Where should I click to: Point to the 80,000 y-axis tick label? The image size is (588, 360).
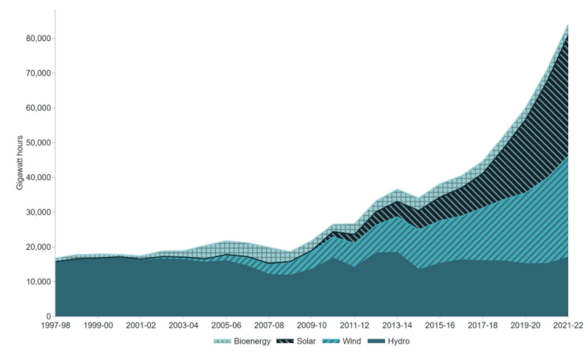point(37,38)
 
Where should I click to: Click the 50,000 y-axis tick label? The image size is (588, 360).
point(37,143)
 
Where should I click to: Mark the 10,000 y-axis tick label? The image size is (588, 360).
point(37,282)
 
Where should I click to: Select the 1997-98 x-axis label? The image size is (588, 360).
point(55,325)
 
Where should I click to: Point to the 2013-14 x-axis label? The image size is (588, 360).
point(398,325)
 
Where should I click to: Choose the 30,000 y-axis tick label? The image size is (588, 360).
point(37,212)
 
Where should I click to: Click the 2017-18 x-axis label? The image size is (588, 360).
point(483,325)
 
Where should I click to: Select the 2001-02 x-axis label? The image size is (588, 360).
point(140,325)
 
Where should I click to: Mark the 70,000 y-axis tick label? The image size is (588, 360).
point(37,73)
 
